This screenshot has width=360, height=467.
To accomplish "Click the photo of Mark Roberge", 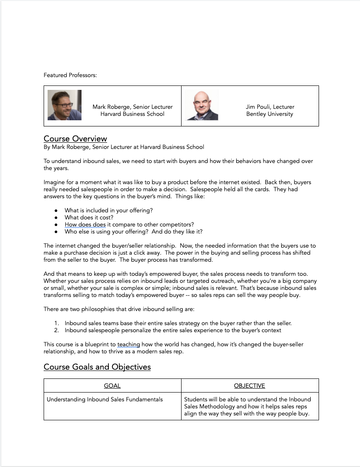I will (64, 105).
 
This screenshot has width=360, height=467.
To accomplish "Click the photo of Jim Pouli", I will (201, 105).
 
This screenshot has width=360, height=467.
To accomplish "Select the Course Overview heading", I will (75, 139).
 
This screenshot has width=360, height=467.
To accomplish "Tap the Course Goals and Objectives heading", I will (97, 367).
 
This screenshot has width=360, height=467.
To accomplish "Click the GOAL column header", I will (112, 385).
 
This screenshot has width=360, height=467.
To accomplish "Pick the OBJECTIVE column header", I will (249, 385).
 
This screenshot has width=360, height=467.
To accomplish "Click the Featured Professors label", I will (70, 75).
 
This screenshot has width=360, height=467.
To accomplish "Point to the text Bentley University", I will (270, 114).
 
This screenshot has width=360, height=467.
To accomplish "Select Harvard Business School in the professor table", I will (132, 114).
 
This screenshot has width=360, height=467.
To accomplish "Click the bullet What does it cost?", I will (89, 218).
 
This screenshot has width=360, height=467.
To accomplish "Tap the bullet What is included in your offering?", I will (108, 211).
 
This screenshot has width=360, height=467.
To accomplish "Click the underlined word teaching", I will (129, 344).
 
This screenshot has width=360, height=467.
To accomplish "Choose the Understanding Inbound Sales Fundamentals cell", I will (105, 399).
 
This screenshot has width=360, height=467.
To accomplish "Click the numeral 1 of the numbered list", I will (56, 323).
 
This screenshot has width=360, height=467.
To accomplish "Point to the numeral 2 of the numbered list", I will (56, 330).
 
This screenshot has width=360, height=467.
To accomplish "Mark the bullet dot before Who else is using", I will (56, 232).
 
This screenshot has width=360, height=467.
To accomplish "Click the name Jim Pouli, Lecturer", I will (270, 107).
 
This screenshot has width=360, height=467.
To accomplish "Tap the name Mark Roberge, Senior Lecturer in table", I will (132, 107).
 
